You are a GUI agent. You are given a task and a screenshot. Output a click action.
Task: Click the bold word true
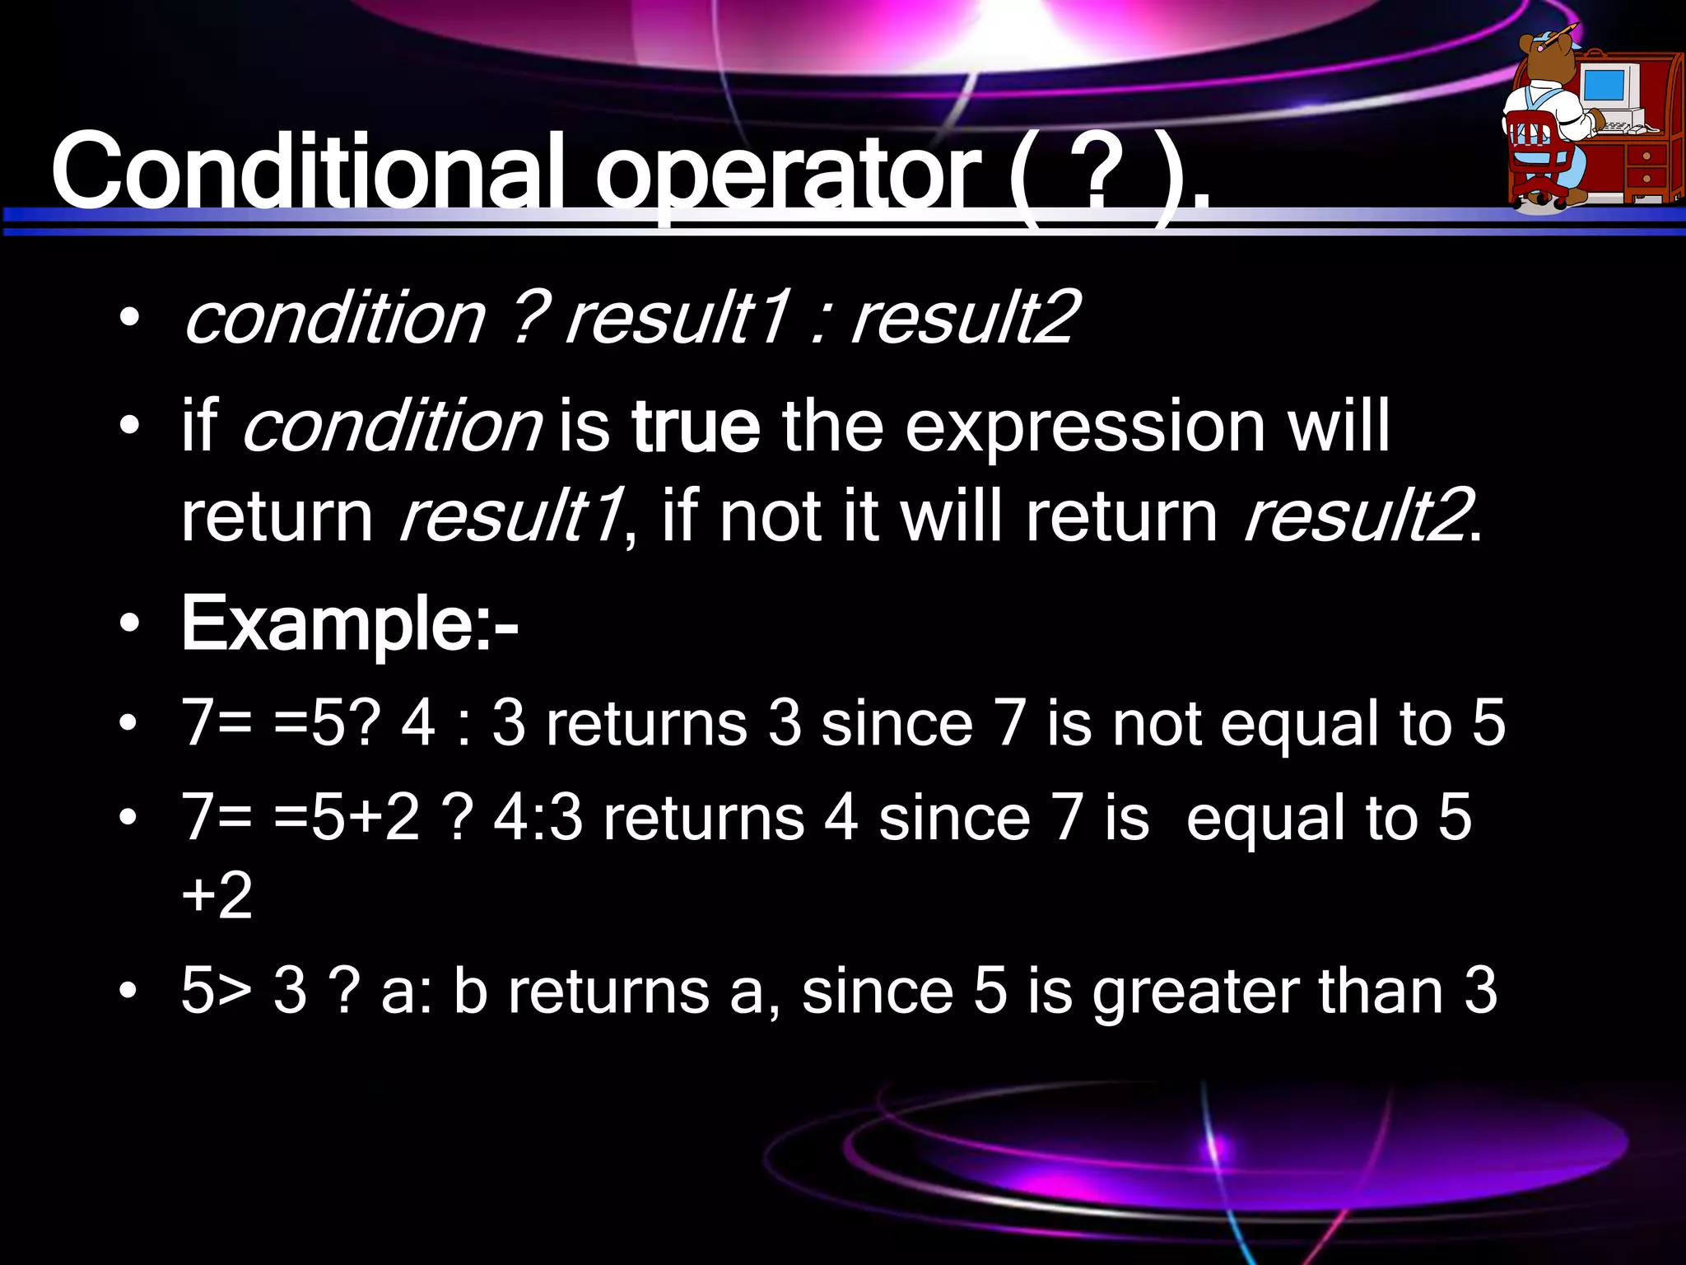(x=696, y=427)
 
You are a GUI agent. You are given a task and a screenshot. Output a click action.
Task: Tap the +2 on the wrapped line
(x=217, y=896)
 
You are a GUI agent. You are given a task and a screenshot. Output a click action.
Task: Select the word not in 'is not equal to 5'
(x=1157, y=723)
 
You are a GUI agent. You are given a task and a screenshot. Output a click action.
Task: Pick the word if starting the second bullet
(x=199, y=427)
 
